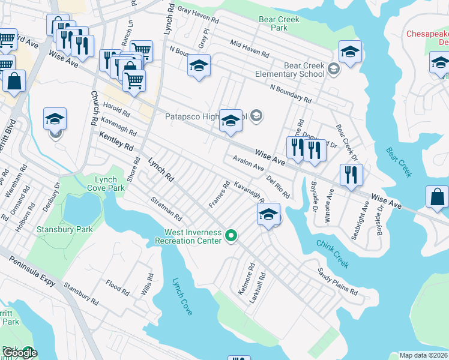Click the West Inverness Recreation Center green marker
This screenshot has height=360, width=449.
pos(231,236)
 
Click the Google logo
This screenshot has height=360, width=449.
pos(19,352)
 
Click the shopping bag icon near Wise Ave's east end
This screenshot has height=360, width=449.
pos(438,197)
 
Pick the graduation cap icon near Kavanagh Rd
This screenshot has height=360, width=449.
pos(268,214)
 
